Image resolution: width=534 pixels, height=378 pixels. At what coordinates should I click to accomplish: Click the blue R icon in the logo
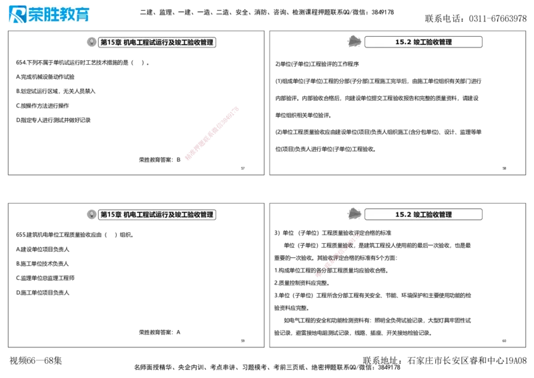point(16,15)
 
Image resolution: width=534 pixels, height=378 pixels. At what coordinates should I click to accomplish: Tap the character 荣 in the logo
point(37,15)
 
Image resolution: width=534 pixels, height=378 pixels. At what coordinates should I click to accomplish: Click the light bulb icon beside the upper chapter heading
point(91,42)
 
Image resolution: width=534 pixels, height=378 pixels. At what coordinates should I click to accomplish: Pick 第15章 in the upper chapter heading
point(111,42)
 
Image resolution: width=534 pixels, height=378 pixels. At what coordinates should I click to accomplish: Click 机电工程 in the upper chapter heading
point(138,42)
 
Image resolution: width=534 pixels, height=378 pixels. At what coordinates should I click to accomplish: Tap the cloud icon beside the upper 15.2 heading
point(355,41)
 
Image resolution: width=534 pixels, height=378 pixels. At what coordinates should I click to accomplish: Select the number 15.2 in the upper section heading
point(403,42)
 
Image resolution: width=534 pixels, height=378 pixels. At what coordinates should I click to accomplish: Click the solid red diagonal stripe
point(211,134)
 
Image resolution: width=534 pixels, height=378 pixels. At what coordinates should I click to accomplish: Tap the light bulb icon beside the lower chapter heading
point(91,215)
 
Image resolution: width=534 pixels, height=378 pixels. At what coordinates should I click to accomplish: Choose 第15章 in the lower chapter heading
point(111,215)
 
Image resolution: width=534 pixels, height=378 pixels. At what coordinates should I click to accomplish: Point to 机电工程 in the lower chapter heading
point(138,215)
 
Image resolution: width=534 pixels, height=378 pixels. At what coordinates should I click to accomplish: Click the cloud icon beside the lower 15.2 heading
point(355,214)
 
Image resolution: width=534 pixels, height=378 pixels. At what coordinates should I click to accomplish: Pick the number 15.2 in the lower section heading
point(403,215)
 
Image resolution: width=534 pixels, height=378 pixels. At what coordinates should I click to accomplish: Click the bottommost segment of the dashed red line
point(320,274)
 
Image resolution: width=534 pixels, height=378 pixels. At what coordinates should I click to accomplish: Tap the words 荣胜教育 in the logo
point(59,15)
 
